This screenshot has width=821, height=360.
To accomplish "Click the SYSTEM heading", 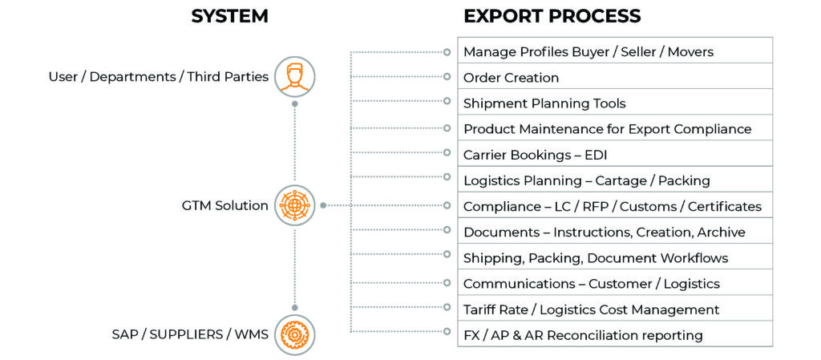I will pos(229,16).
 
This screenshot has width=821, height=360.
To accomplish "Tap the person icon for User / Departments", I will pos(295,77).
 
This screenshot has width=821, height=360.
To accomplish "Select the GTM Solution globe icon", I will pos(295,205).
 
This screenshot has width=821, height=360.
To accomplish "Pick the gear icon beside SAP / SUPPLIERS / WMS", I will pos(295,334).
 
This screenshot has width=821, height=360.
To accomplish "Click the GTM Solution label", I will pos(225,205).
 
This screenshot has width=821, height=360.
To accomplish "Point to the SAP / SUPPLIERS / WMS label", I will pos(190,334).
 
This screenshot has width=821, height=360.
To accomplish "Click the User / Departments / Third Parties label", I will pos(159,77).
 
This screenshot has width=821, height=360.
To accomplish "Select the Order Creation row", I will pos(614,78).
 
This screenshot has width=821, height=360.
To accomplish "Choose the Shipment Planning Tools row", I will pos(614,103).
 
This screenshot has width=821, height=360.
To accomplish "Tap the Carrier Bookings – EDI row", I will pos(614,155).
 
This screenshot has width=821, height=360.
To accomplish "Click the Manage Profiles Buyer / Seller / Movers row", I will pos(614,52).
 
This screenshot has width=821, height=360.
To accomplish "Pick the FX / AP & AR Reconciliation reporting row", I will pos(614,335).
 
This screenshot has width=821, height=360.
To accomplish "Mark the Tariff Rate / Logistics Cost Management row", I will pos(614,309).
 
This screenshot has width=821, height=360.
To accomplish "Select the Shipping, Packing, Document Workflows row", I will pos(614,258).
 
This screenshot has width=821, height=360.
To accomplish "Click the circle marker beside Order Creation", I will pos(447,77).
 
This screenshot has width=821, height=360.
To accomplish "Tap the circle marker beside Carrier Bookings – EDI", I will pos(447,154).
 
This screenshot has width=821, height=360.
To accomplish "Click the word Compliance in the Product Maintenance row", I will pos(711,129).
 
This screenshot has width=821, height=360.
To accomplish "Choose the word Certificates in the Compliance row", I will pos(724,207).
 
